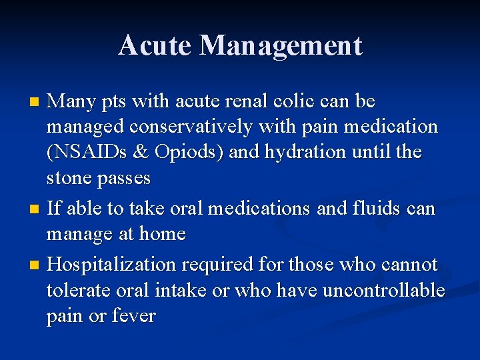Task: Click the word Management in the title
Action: click(x=281, y=45)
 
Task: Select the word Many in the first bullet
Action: click(x=71, y=101)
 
